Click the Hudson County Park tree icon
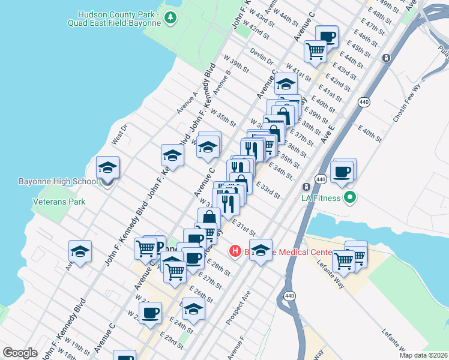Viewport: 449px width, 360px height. point(172,17)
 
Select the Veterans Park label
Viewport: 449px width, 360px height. point(59,202)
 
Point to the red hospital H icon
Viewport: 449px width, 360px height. point(235,251)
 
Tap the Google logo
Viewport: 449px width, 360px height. point(20,353)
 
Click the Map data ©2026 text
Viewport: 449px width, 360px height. point(423,355)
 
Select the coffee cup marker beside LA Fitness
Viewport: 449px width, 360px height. point(342,172)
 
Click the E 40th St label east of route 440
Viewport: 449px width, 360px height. point(370,133)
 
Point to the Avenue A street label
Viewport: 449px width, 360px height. point(187,103)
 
